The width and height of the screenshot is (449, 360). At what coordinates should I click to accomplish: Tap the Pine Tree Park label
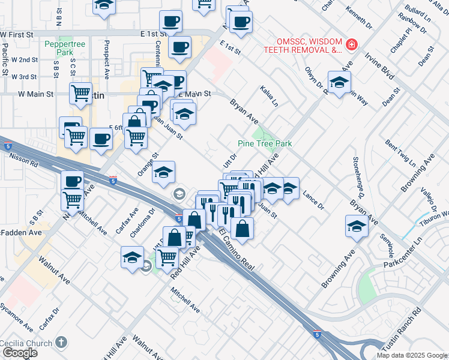click(x=265, y=144)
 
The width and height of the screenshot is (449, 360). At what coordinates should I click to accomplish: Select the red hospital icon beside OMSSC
click(x=351, y=44)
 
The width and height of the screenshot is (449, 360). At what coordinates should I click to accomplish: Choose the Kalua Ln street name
click(x=270, y=95)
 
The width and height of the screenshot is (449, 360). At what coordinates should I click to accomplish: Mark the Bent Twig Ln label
click(x=400, y=152)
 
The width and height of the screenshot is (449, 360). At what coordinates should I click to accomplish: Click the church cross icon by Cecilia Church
click(x=60, y=342)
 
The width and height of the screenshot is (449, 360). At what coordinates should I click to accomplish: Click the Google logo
click(x=19, y=353)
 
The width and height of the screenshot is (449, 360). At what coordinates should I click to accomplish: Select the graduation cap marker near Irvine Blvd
click(x=339, y=83)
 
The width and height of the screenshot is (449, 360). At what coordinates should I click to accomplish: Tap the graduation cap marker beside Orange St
click(x=163, y=173)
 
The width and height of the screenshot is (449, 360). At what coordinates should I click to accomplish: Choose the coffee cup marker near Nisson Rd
click(x=72, y=182)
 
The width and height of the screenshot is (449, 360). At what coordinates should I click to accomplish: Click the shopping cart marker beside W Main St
click(x=80, y=94)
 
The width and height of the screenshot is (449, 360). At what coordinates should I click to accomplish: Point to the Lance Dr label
click(x=313, y=201)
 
